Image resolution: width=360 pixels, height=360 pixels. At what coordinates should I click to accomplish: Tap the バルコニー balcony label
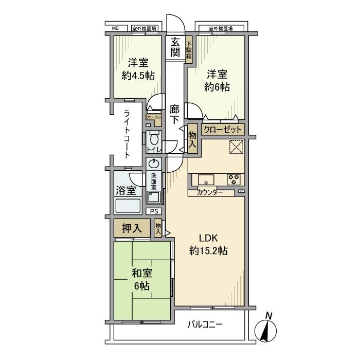tap(204, 325)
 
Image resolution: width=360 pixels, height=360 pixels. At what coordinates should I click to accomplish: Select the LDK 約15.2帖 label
tap(208, 245)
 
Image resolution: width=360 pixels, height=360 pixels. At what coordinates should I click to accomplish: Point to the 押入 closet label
tap(131, 227)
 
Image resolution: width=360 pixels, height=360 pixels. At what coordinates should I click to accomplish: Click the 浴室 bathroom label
tap(126, 190)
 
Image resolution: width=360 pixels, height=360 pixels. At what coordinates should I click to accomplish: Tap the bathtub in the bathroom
tap(127, 206)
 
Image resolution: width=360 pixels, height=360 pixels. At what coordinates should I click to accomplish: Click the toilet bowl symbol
tap(153, 139)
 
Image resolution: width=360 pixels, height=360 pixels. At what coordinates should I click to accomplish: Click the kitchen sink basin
tap(205, 180)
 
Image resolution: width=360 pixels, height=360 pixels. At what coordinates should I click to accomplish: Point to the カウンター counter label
tap(210, 192)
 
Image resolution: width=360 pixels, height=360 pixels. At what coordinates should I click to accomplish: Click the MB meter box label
tap(116, 28)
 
